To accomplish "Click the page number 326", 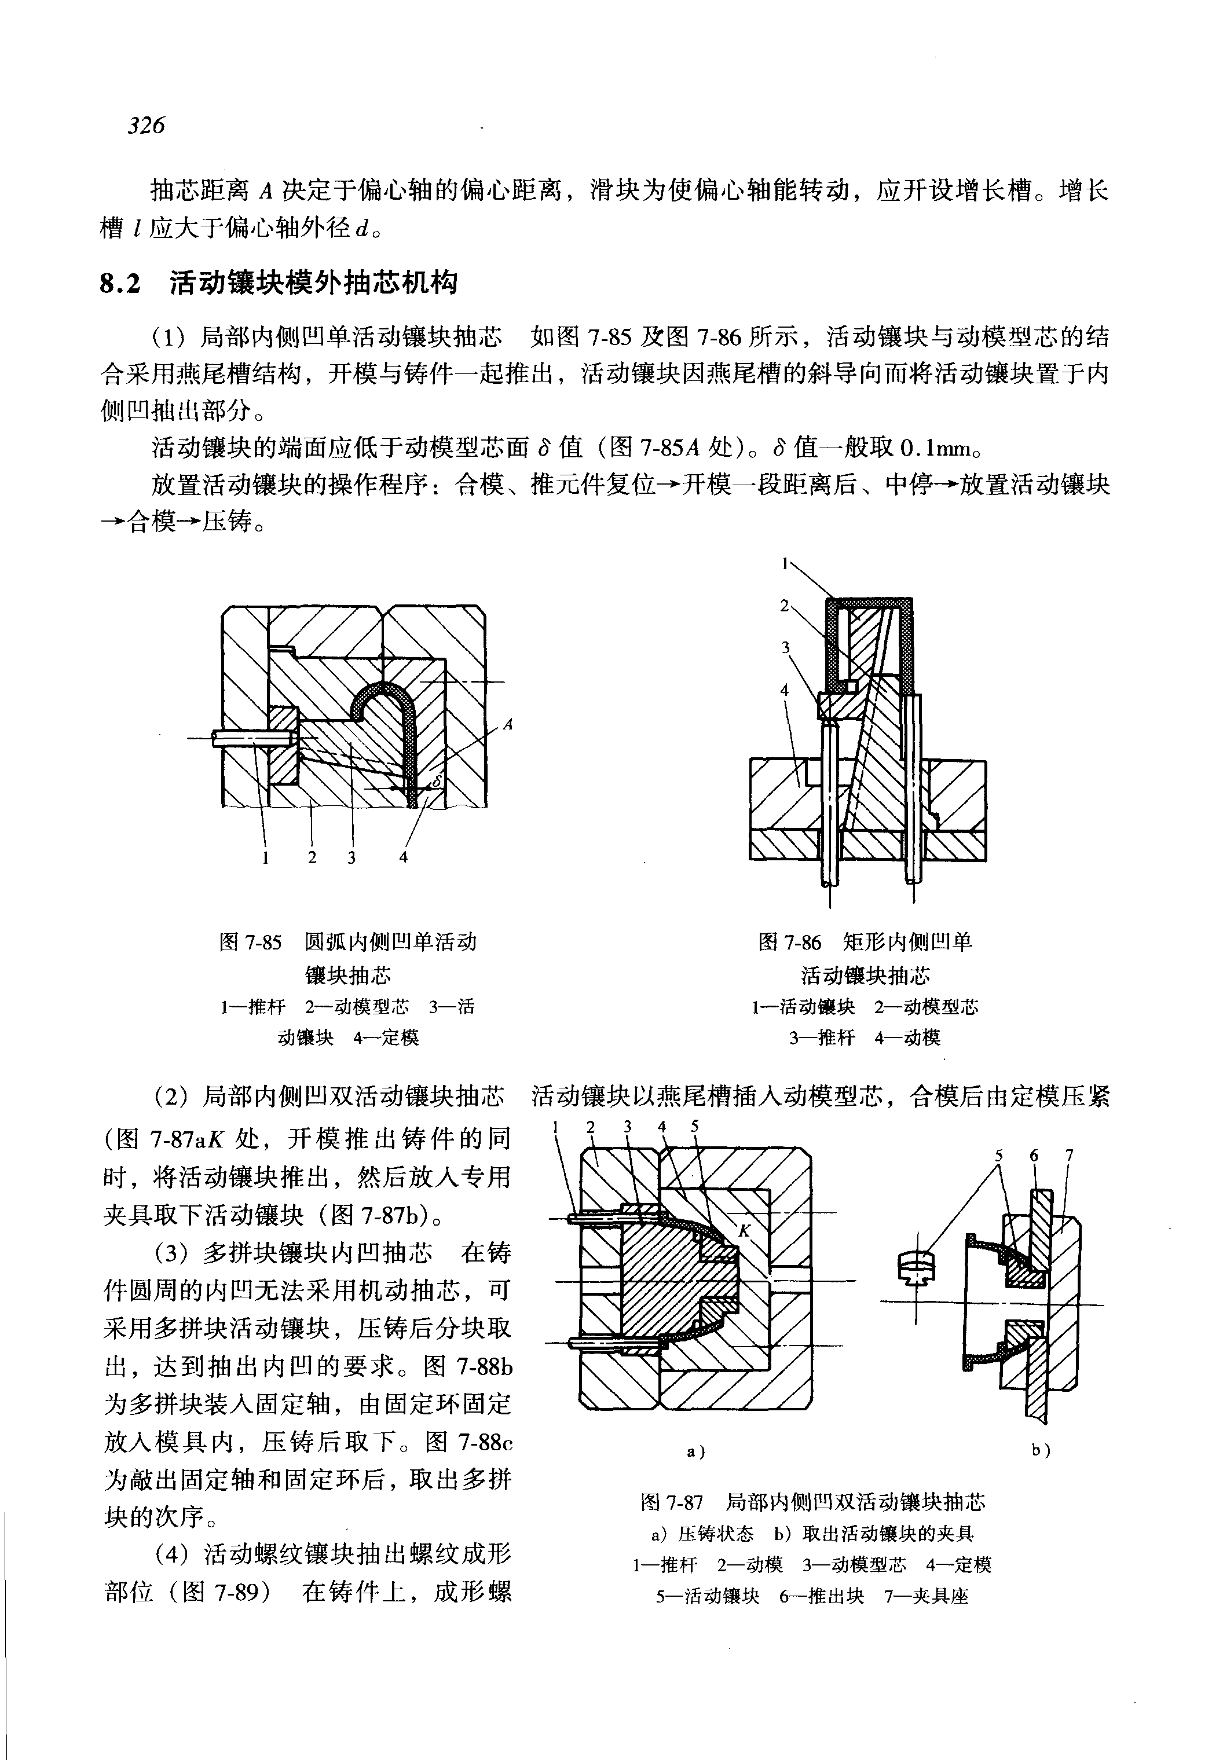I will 147,125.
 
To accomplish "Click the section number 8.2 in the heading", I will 121,284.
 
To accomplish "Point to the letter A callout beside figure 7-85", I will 507,724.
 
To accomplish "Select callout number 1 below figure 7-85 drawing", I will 265,857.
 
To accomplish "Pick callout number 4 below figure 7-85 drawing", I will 403,857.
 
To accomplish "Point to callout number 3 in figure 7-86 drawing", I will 785,647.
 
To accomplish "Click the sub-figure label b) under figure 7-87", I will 1040,1450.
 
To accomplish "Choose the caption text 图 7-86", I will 789,942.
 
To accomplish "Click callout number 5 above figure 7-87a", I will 694,1126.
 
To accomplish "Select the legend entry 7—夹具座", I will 927,1596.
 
